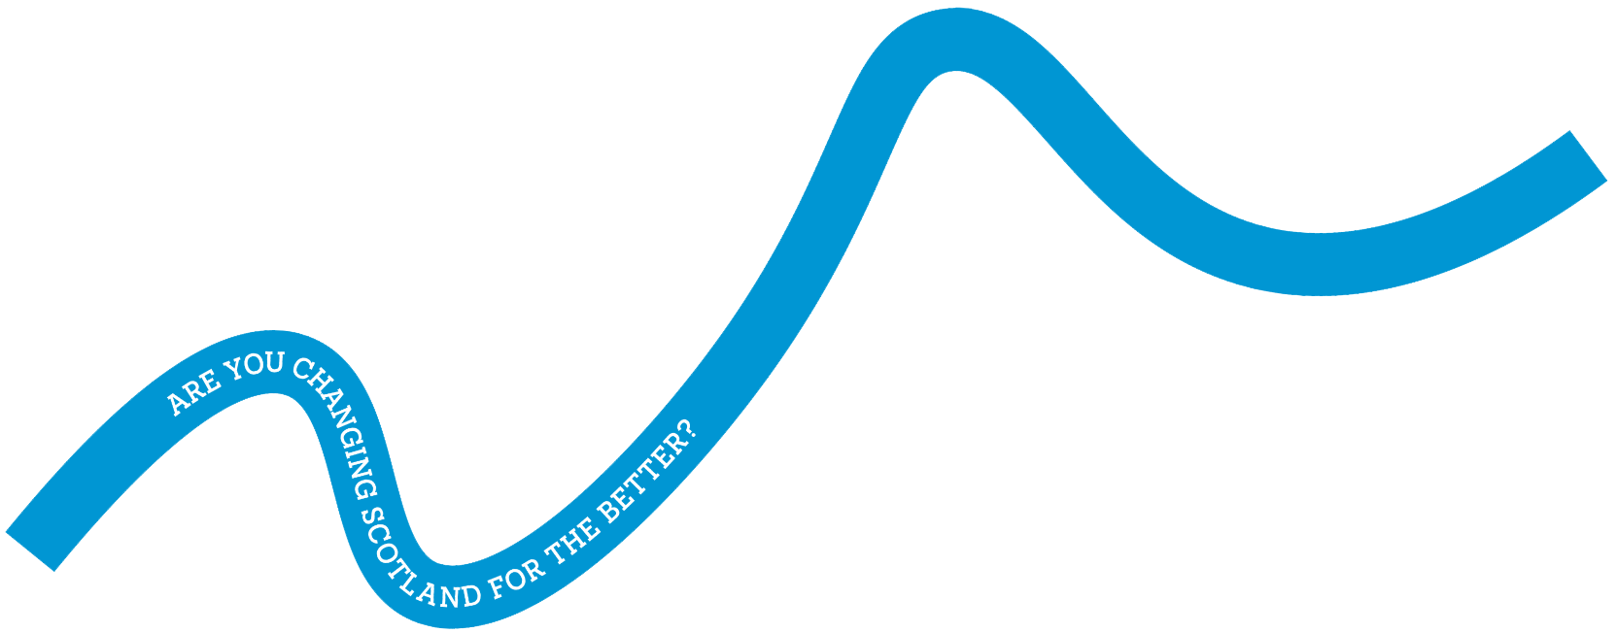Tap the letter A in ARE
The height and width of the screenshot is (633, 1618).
(176, 402)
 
